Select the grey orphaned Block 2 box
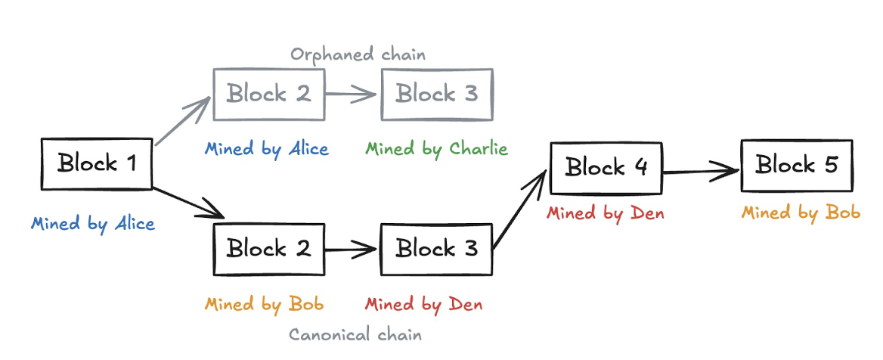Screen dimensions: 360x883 tap(269, 95)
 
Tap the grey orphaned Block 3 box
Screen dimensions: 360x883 tap(437, 95)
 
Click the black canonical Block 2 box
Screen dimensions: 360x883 tap(269, 249)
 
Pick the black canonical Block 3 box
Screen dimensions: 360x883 tap(437, 249)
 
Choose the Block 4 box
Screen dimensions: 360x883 tap(606, 167)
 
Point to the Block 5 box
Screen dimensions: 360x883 tap(797, 165)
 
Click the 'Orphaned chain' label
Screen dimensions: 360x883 tap(358, 54)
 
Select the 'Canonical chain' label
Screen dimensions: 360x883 tap(355, 334)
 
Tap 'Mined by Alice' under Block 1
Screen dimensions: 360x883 tap(93, 224)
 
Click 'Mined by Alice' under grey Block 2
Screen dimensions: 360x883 tap(266, 148)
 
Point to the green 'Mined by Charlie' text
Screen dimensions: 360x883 tap(436, 148)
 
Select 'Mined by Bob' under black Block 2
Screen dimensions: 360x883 tap(264, 304)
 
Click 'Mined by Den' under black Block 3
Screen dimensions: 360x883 tap(423, 304)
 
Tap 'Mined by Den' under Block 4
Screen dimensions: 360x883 tap(605, 213)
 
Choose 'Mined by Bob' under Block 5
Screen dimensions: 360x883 tap(801, 213)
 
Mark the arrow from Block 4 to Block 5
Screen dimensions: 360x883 tap(701, 171)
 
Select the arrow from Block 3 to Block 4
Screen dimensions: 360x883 tap(520, 210)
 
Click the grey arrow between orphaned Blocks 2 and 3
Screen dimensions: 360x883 tap(352, 95)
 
